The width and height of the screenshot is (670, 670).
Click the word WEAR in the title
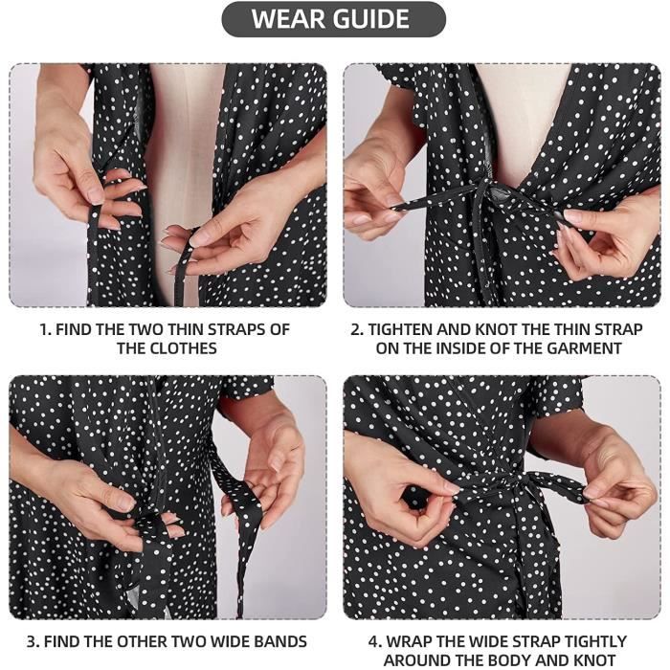pos(288,19)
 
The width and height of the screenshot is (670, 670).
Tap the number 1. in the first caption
pos(46,330)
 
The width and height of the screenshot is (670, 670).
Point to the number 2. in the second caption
pos(357,330)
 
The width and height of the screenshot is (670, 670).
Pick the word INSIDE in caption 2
pos(458,348)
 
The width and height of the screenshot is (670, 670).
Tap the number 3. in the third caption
pos(33,642)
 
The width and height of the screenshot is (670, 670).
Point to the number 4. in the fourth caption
pos(375,642)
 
